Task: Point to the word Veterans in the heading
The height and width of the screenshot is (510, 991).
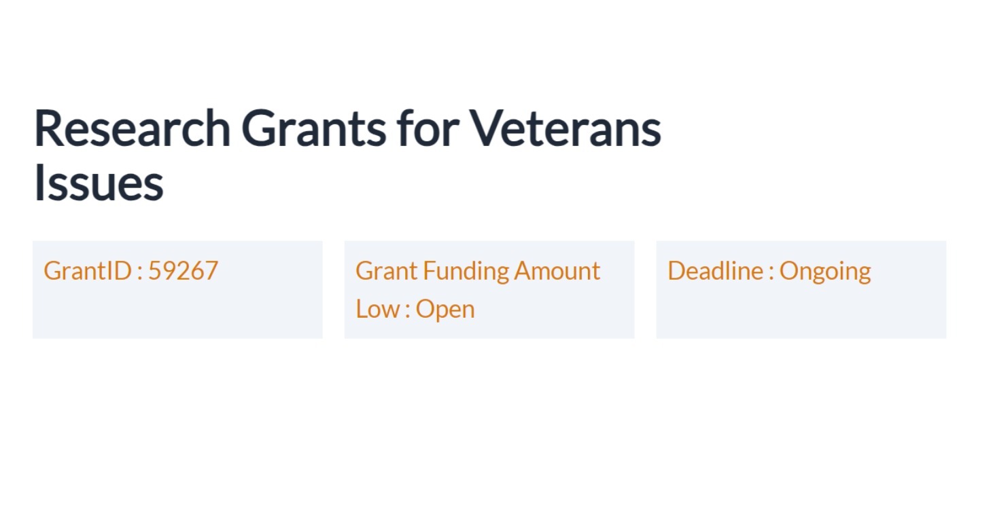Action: (565, 128)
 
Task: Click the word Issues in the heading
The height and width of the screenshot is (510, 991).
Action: (99, 183)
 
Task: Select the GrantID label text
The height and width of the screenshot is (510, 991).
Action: (87, 271)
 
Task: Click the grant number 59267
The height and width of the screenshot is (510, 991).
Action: (183, 271)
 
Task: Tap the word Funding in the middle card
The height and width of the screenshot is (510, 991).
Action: (466, 271)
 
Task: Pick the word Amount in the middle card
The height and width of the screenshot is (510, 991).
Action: (557, 271)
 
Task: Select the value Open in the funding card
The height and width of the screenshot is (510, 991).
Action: (445, 310)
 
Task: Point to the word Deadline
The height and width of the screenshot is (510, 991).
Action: (715, 271)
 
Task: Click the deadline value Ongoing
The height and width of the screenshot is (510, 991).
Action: (824, 272)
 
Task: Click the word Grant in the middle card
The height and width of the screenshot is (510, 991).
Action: (386, 271)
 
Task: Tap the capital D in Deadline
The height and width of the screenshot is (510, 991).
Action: (677, 271)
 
